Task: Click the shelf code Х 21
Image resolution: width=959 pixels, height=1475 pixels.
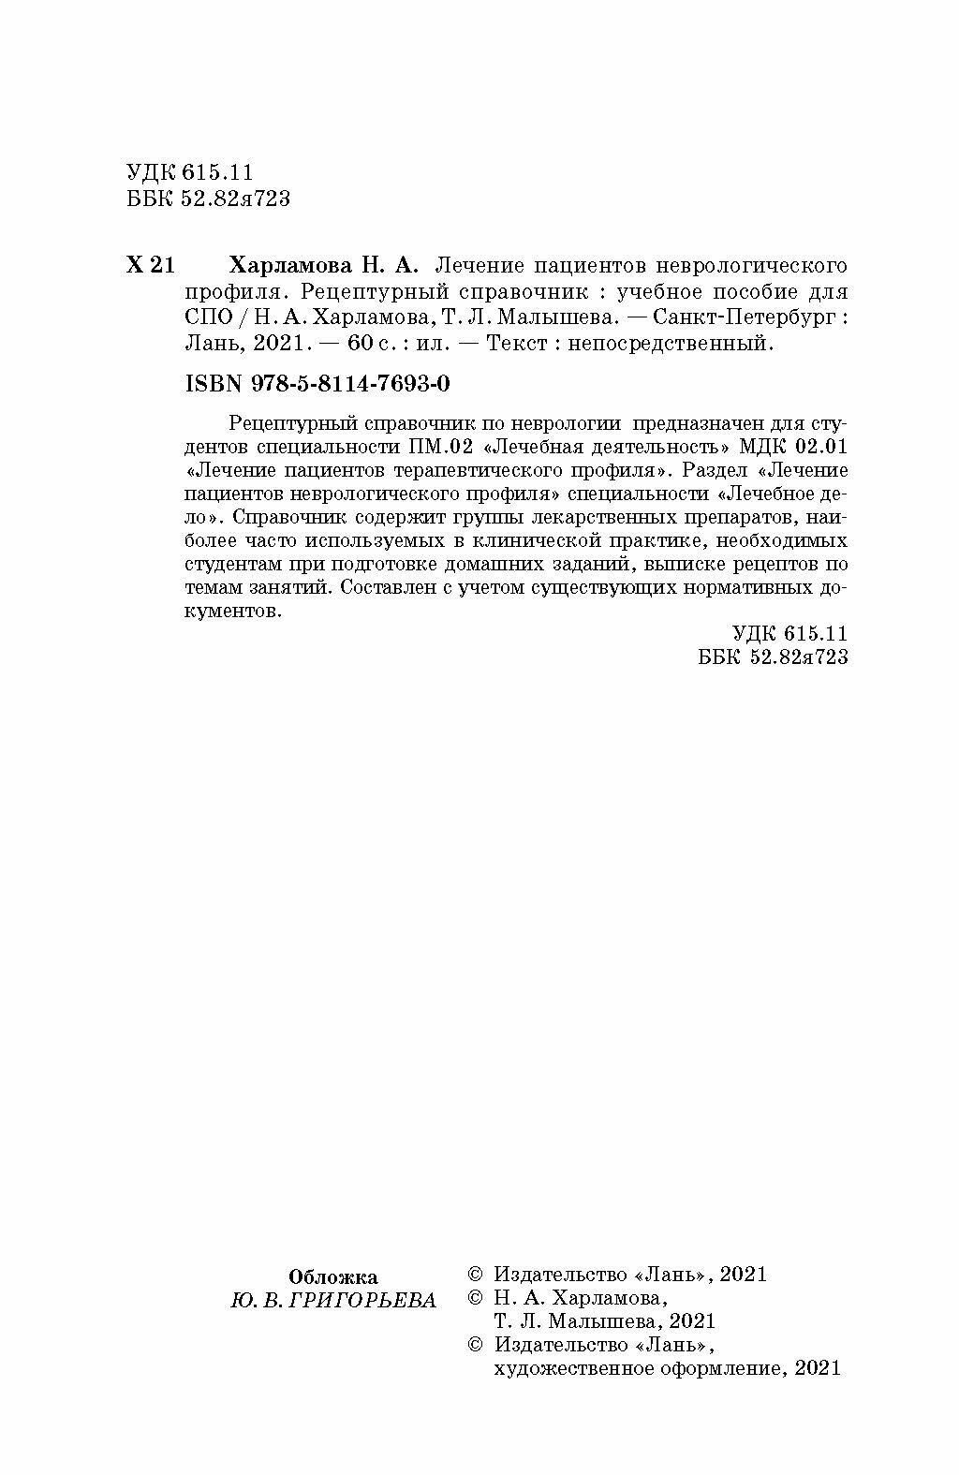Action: (x=149, y=265)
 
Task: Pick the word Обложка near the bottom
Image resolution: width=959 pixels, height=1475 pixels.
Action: (x=332, y=1276)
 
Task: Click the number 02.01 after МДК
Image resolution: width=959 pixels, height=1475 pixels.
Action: (x=821, y=444)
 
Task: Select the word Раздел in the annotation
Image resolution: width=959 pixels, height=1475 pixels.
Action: (x=713, y=468)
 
